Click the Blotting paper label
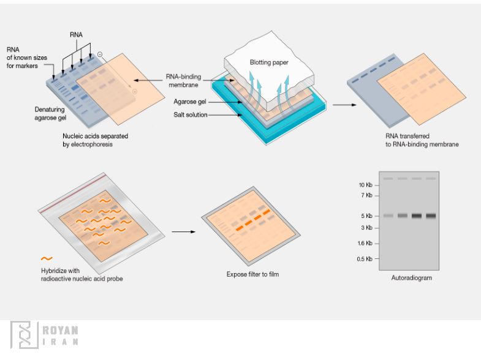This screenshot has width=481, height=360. point(268,62)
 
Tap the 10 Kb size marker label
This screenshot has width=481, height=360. point(365,184)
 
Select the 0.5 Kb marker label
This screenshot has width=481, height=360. point(365,259)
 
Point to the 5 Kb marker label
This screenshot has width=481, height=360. point(367,216)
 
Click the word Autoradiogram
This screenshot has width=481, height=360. point(411,278)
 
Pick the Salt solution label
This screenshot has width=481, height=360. point(190,114)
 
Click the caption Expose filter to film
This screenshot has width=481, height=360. point(252,274)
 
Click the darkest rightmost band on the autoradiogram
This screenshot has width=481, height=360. point(431,216)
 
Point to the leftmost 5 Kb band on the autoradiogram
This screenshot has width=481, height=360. point(388,216)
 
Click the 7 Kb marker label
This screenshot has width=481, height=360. point(366,195)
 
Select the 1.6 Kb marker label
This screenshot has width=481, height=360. point(365,243)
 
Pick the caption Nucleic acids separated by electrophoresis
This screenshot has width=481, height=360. point(95,140)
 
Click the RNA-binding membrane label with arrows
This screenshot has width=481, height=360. point(181,80)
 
